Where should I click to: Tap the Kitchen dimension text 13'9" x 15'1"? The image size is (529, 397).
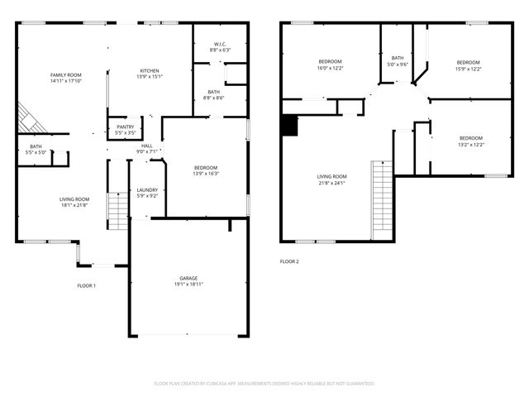149,77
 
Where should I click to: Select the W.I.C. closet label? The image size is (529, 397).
220,45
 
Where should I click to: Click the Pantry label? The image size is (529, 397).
126,127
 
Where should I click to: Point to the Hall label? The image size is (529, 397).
146,146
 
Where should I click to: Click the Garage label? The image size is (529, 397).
188,278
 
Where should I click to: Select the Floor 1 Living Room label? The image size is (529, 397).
74,199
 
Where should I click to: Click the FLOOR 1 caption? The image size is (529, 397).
86,285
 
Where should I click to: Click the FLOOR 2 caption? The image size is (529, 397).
289,261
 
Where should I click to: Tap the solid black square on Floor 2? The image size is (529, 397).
288,125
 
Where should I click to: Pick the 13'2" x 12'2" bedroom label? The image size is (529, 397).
470,141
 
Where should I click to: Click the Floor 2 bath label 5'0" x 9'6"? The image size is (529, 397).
398,60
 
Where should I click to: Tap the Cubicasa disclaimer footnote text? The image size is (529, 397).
264,384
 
